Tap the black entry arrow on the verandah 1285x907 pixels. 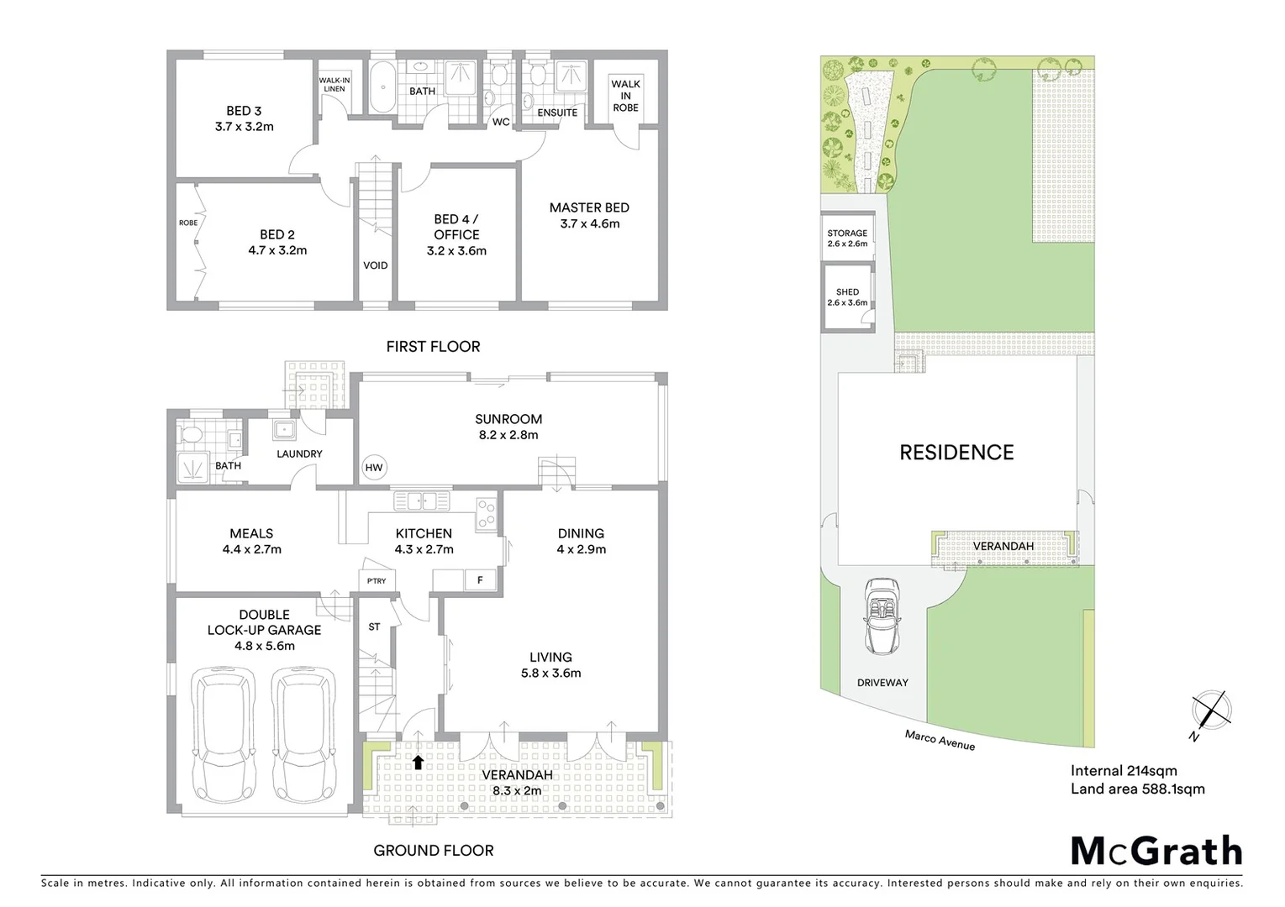[418, 762]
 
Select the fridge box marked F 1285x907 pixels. [480, 580]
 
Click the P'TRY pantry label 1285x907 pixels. [376, 580]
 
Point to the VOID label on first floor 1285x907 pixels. [375, 265]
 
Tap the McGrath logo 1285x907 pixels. [1156, 851]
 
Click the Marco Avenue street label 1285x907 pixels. [940, 740]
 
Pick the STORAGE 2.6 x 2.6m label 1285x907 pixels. [847, 239]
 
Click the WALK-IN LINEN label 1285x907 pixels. [334, 85]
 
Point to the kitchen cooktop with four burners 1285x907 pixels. [487, 514]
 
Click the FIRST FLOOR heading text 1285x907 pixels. [433, 346]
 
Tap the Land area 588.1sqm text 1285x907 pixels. [1137, 789]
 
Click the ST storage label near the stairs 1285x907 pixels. [374, 627]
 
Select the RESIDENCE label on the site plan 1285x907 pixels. [956, 453]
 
